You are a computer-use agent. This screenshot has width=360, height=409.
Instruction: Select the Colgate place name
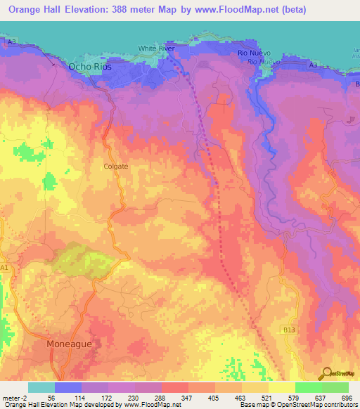115,167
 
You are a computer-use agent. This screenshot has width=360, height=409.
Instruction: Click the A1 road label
6,268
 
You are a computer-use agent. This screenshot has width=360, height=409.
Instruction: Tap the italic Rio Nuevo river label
263,61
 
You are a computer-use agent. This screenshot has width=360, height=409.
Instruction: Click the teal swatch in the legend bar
41,387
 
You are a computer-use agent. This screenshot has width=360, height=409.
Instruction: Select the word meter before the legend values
11,397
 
